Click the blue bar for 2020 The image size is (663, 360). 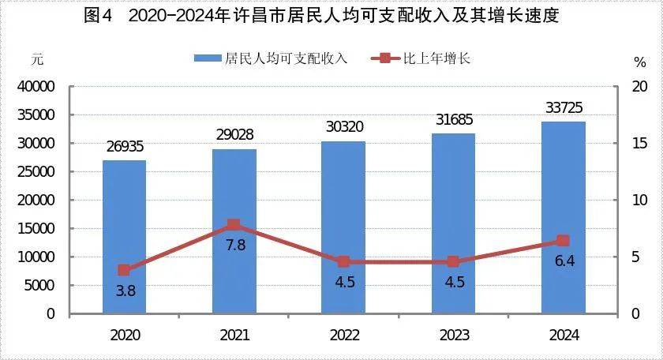(124, 237)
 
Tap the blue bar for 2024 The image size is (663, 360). (564, 217)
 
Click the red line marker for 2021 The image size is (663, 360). (234, 225)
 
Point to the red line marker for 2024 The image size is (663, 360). (564, 241)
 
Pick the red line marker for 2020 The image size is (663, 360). (124, 270)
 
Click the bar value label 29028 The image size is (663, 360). (234, 135)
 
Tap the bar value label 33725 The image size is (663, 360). (564, 107)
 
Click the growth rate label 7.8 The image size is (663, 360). (235, 245)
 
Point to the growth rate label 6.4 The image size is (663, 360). (564, 261)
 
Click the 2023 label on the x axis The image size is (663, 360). (454, 336)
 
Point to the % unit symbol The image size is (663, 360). (639, 61)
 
